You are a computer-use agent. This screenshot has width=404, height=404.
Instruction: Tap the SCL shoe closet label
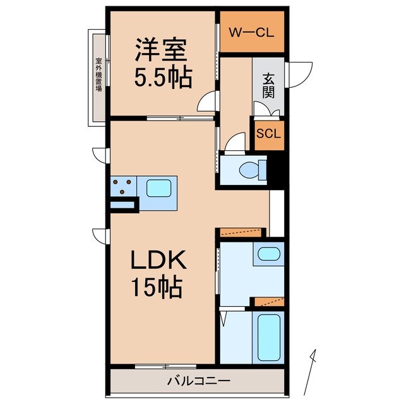coord(268,134)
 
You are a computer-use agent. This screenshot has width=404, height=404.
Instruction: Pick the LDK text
coord(157,259)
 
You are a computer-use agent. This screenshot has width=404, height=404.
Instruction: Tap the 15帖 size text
coord(157,288)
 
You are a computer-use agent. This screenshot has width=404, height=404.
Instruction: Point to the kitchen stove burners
coord(124,186)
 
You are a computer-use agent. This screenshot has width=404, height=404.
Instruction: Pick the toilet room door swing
coord(235,144)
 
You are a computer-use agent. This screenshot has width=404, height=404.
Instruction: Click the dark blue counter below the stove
coord(123,205)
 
